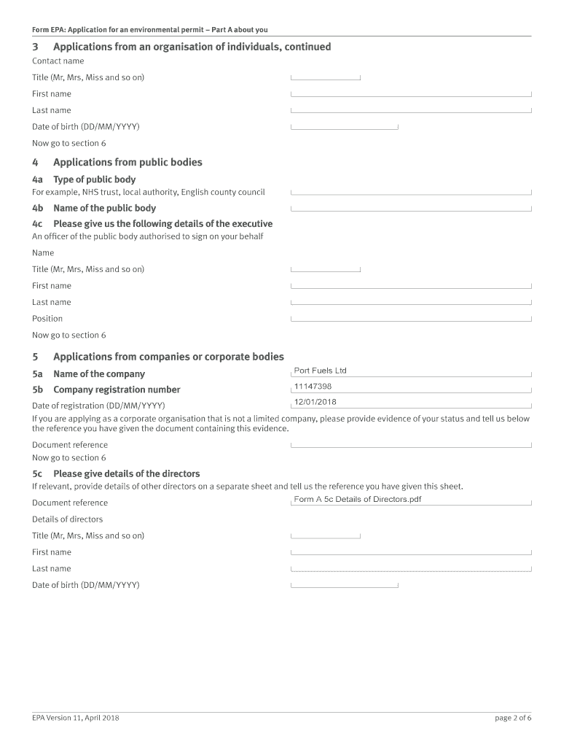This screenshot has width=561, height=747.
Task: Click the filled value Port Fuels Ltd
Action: (320, 371)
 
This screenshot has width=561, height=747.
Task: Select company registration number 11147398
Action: (313, 387)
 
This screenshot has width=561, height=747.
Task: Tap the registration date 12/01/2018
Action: (315, 402)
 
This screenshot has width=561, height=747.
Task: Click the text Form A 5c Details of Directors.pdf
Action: (357, 500)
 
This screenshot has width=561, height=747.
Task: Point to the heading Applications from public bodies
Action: (127, 163)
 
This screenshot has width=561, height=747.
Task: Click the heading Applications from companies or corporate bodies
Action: (168, 357)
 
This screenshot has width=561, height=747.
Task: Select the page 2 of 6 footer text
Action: (513, 718)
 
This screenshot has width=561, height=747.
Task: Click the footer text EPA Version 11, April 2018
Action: (76, 718)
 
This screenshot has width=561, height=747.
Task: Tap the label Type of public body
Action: (94, 179)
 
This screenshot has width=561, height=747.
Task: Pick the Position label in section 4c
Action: (47, 319)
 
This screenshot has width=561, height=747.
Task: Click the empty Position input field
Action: (411, 318)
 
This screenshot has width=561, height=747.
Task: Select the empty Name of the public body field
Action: (411, 208)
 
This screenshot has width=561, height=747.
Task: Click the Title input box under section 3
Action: (326, 77)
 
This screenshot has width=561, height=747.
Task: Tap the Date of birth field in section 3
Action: (344, 126)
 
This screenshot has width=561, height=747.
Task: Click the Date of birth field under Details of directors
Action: (344, 585)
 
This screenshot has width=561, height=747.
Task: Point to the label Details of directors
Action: (67, 519)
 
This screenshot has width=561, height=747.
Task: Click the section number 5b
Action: (37, 390)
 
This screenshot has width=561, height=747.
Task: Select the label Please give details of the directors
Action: (126, 473)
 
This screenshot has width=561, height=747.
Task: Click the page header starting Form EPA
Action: (149, 30)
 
